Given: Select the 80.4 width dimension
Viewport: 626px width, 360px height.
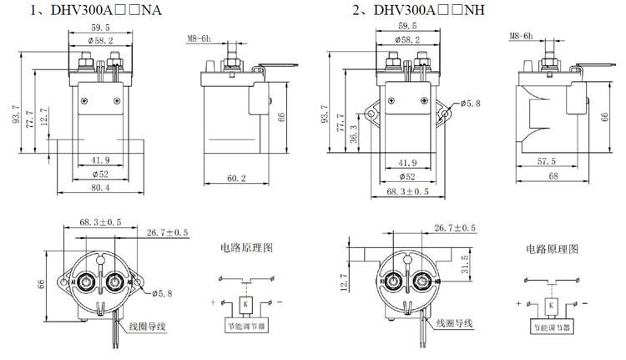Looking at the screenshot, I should pos(101,187).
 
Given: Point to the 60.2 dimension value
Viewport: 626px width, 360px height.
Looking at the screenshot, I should pos(235,177).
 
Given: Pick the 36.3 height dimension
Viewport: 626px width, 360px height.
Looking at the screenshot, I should pos(353,133).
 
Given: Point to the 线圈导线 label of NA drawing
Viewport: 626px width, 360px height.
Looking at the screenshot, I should pos(149,325).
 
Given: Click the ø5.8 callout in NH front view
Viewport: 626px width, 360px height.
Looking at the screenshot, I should pos(469,106).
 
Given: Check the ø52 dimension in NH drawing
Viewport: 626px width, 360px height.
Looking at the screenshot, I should pos(407,176).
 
